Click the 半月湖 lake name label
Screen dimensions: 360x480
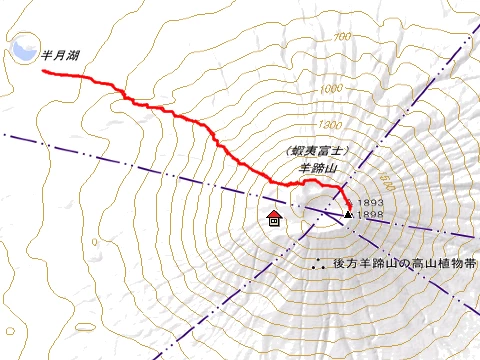tap(60, 56)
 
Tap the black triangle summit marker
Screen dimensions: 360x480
tap(347, 214)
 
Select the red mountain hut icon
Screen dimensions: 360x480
tap(274, 218)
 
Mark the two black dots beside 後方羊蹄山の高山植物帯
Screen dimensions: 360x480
tap(319, 265)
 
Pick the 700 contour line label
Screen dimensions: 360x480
tap(343, 37)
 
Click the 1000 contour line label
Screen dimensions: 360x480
tap(331, 89)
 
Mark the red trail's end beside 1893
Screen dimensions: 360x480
tap(347, 203)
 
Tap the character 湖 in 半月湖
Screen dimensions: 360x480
tap(74, 56)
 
